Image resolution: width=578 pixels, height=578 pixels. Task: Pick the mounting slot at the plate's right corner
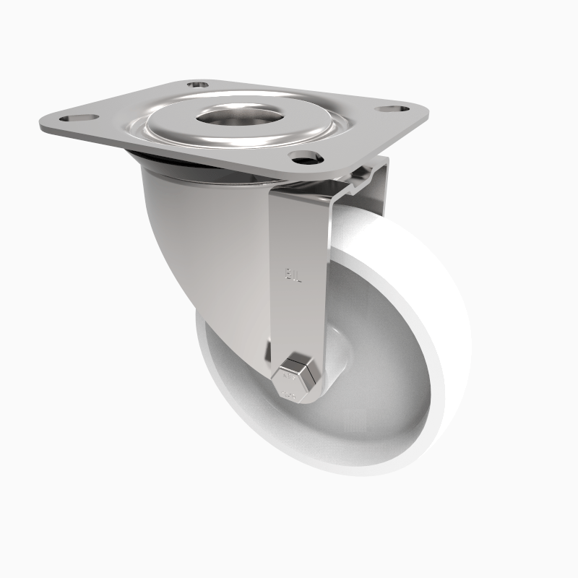(387, 109)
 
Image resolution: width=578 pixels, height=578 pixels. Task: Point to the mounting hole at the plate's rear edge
(195, 85)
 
